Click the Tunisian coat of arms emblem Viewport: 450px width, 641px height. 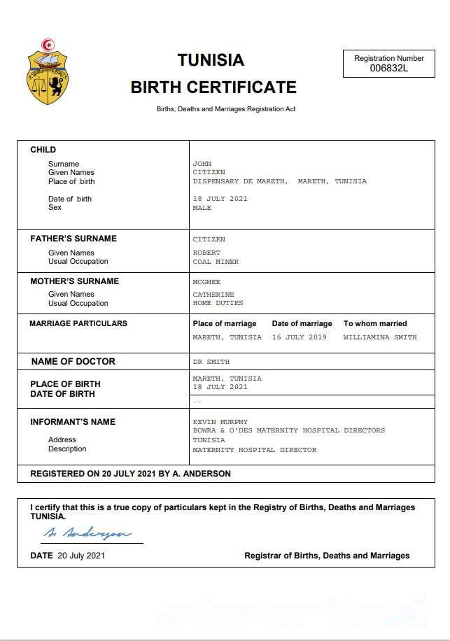[x=48, y=73]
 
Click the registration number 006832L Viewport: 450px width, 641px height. [x=388, y=68]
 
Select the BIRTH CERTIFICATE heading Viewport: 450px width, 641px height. [x=213, y=87]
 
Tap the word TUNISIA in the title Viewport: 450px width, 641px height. [x=211, y=60]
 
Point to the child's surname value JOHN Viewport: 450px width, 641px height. [x=202, y=164]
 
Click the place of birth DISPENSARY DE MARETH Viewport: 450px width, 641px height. [x=239, y=181]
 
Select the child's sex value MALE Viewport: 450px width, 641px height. [x=202, y=208]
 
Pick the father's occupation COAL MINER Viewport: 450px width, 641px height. [x=216, y=262]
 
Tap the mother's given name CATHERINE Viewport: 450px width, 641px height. [x=213, y=295]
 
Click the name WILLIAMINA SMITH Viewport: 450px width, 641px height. [x=379, y=337]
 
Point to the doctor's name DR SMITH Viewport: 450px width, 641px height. [x=211, y=362]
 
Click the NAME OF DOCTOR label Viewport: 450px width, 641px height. [x=73, y=362]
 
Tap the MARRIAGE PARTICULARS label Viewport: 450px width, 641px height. [x=78, y=324]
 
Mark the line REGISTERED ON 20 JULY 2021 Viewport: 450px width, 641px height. [x=130, y=474]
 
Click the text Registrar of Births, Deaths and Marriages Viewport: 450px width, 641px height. [x=327, y=556]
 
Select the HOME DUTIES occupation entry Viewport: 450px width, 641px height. [x=218, y=304]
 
